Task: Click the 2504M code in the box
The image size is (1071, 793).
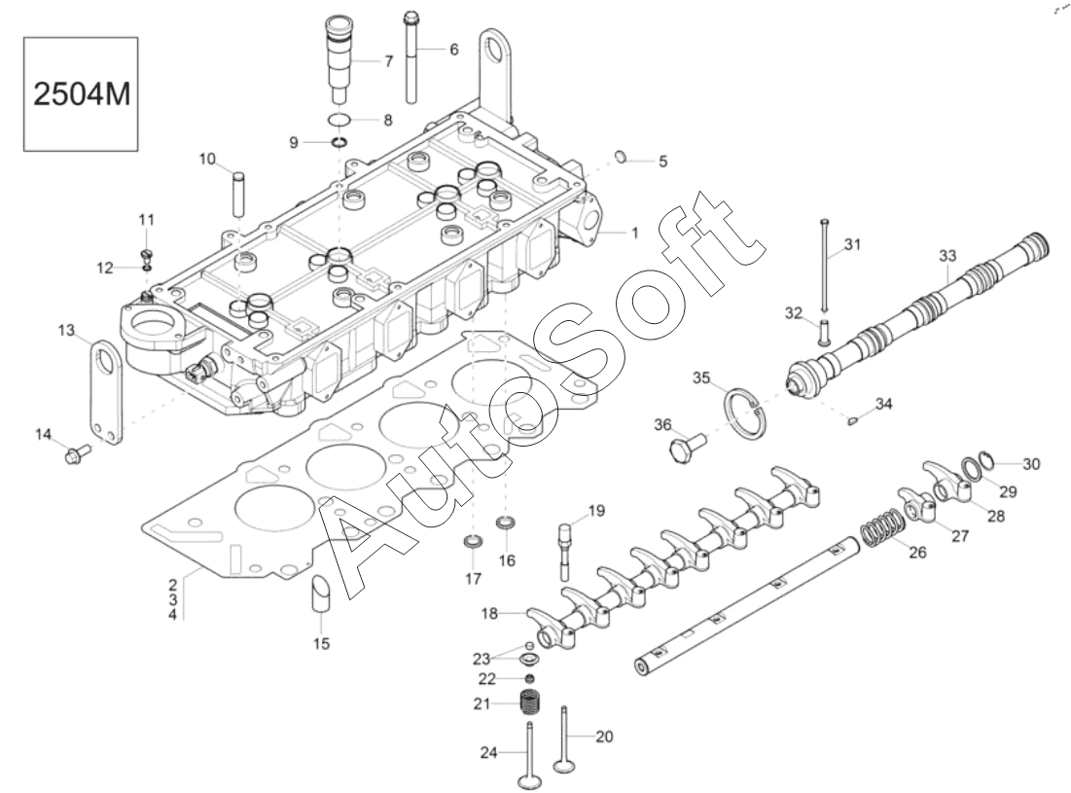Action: tap(82, 94)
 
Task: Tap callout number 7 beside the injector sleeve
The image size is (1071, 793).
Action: tap(389, 61)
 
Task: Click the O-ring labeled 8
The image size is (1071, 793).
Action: tap(339, 120)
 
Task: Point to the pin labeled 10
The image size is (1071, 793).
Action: tap(237, 195)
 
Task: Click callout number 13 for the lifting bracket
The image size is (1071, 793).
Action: tap(65, 331)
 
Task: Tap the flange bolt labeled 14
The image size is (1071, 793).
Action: tap(77, 453)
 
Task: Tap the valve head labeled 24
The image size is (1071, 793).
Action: tap(528, 779)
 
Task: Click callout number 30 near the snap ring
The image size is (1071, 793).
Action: tap(1031, 464)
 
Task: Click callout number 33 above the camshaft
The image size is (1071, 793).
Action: tap(947, 256)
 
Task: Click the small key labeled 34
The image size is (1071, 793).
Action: tap(851, 420)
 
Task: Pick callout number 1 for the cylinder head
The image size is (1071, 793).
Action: tap(634, 233)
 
